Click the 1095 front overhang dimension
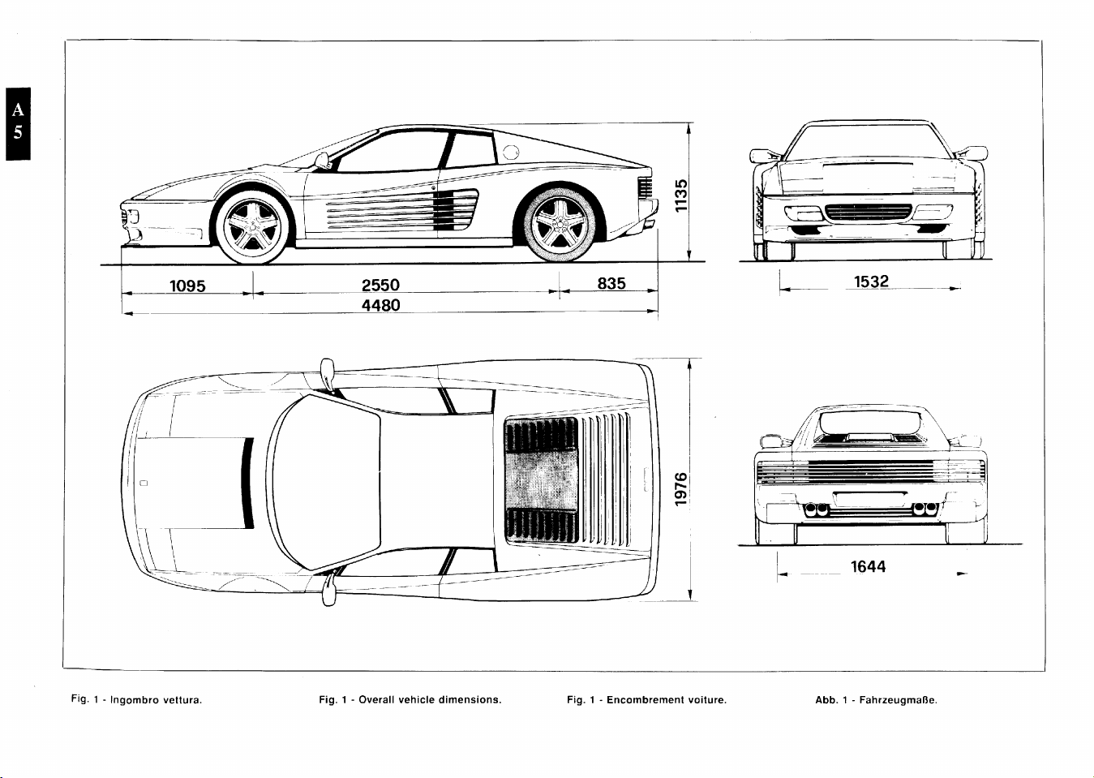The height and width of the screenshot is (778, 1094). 187,286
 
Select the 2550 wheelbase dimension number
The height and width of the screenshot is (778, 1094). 380,285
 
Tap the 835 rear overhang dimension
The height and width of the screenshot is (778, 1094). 611,283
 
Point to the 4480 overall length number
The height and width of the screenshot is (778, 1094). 380,305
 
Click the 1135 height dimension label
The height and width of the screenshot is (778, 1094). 681,196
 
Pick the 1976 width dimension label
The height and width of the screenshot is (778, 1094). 681,489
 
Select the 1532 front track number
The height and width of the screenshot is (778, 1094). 871,282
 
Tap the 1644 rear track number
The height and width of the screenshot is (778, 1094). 868,567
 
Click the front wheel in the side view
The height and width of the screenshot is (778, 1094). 253,227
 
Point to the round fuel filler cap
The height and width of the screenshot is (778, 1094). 511,153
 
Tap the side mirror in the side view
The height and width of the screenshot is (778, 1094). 322,161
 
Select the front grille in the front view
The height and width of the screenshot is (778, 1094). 868,212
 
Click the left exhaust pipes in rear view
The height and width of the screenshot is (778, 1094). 816,509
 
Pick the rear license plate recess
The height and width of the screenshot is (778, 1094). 870,500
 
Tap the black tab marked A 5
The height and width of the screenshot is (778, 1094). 18,123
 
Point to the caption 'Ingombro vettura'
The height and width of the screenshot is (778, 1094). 156,700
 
